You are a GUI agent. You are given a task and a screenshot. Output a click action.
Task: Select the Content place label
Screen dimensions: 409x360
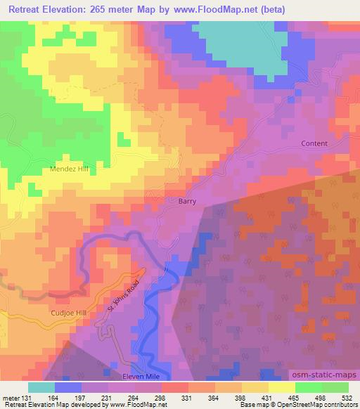tap(314, 143)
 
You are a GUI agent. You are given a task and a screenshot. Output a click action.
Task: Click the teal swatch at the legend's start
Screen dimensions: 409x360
tap(41, 387)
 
